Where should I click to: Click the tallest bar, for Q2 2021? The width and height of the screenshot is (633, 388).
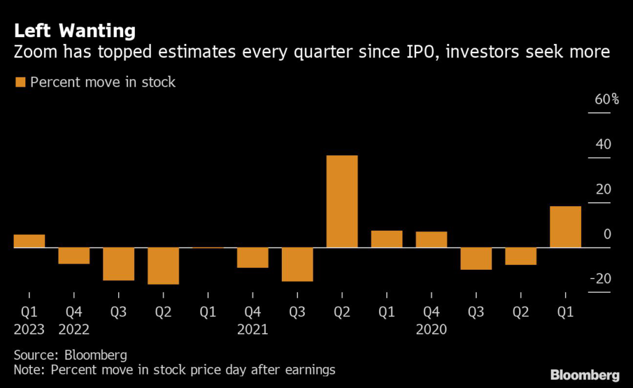pyautogui.click(x=342, y=201)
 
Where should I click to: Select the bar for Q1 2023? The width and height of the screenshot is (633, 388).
pyautogui.click(x=29, y=241)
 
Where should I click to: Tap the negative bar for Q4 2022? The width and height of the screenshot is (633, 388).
pyautogui.click(x=74, y=256)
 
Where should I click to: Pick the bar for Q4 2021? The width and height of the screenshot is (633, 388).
pyautogui.click(x=253, y=257)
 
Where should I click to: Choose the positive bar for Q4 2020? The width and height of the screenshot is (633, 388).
pyautogui.click(x=431, y=239)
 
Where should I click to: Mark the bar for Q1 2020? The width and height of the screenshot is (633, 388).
pyautogui.click(x=565, y=226)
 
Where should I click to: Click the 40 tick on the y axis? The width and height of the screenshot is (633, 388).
pyautogui.click(x=603, y=145)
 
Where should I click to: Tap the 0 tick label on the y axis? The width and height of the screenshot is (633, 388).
pyautogui.click(x=607, y=235)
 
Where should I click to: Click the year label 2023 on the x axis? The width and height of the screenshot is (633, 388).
pyautogui.click(x=29, y=329)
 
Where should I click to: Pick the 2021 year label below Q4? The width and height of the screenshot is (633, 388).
pyautogui.click(x=252, y=329)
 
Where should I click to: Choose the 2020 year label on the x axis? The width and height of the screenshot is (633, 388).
pyautogui.click(x=431, y=329)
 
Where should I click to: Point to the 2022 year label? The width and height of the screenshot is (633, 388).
pyautogui.click(x=74, y=329)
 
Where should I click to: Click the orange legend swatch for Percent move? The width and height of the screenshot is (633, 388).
pyautogui.click(x=20, y=82)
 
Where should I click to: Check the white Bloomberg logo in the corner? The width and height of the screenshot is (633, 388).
pyautogui.click(x=585, y=374)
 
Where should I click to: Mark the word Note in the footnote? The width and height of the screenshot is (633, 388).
pyautogui.click(x=28, y=370)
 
